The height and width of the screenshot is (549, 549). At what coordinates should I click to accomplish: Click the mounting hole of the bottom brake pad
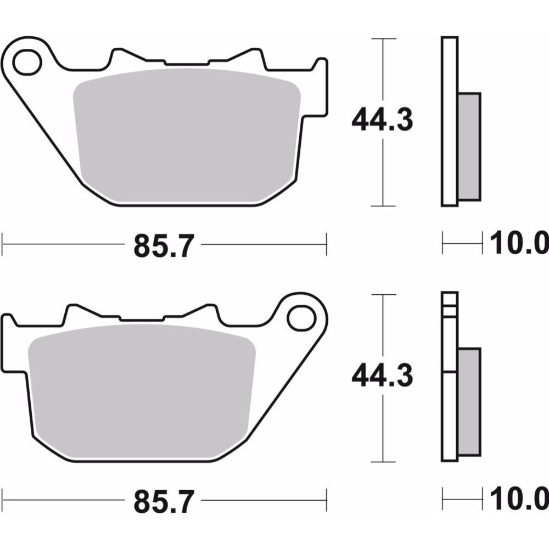tap(299, 317)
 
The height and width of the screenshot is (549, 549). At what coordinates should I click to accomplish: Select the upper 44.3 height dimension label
tap(382, 121)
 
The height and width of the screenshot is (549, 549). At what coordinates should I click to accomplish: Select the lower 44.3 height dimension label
tap(382, 377)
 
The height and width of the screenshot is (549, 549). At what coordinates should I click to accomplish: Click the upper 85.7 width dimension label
tap(164, 246)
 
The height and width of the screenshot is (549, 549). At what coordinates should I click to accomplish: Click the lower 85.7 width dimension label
tap(164, 502)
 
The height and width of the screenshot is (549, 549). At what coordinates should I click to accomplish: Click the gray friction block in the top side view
tap(469, 147)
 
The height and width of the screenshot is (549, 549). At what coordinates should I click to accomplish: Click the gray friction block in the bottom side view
tap(469, 402)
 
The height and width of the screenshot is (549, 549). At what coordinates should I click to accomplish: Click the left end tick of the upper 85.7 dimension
tap(3, 244)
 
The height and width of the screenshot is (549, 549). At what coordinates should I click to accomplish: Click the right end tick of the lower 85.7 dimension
tap(327, 500)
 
